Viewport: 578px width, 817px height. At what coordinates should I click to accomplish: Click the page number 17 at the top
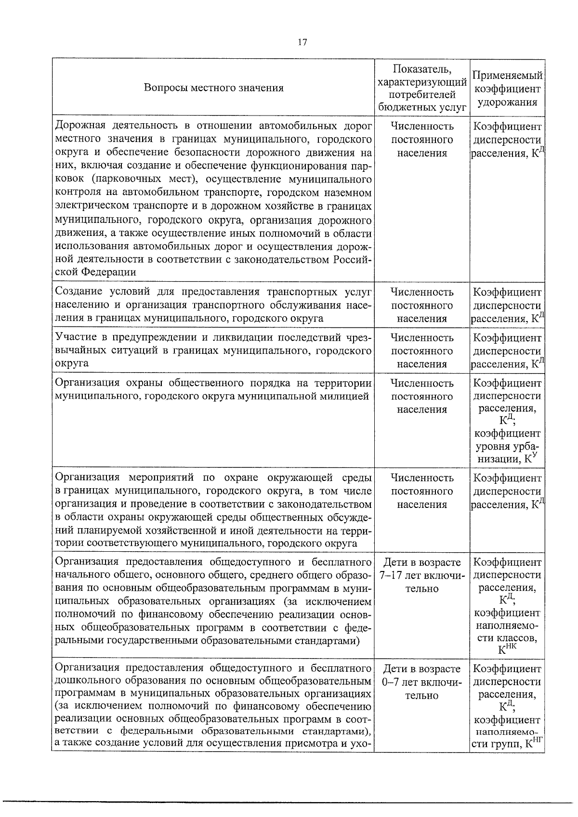302,42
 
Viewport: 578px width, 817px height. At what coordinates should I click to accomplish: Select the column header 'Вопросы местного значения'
213,88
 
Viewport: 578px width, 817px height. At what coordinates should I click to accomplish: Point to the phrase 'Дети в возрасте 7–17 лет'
422,569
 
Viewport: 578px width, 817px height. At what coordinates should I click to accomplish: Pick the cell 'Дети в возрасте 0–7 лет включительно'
422,682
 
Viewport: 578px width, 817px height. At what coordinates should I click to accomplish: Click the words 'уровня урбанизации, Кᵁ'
507,452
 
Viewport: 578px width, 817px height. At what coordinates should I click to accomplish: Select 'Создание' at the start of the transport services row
78,292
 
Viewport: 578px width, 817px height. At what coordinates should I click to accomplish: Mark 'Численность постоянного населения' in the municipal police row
422,396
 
